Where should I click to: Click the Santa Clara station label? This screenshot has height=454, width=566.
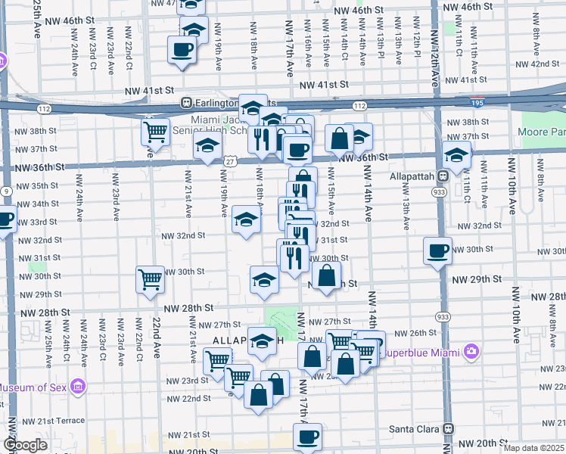tap(415, 428)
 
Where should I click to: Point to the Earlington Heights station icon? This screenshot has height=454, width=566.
tap(185, 103)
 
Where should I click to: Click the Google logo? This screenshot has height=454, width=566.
tap(25, 446)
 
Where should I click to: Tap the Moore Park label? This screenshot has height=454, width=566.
tap(542, 132)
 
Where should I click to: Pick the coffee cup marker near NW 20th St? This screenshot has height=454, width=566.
tap(307, 437)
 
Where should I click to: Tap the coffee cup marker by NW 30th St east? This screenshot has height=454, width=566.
tap(437, 250)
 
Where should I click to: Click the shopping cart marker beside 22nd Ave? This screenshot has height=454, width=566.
tap(150, 279)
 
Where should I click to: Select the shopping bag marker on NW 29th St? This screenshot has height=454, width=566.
tap(327, 276)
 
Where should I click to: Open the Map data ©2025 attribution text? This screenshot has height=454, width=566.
tap(534, 448)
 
